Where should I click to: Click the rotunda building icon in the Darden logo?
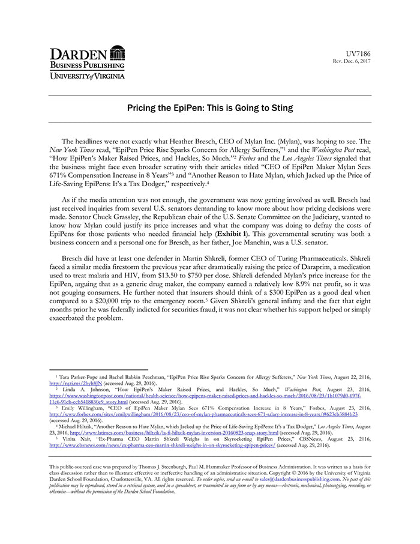(118, 53)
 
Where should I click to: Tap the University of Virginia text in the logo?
(87, 76)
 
